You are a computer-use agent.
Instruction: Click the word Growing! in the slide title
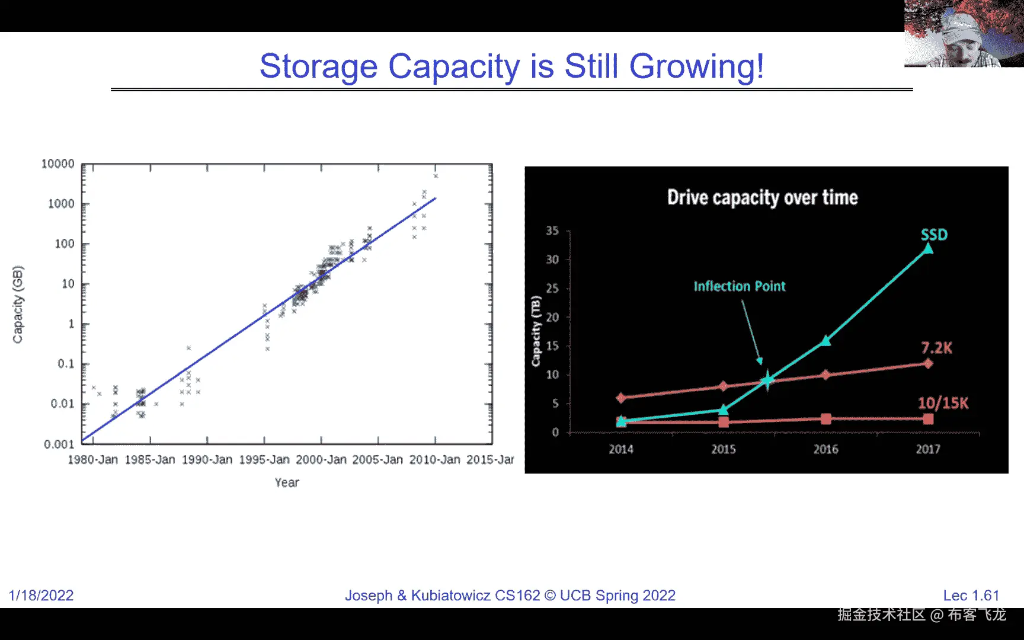696,67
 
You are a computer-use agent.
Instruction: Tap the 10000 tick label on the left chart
57,164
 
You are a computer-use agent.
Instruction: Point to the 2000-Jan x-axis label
321,460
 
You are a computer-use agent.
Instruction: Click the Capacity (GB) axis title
18,305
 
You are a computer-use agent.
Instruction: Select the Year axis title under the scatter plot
287,482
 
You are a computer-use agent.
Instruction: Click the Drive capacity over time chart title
763,197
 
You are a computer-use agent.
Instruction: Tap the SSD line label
935,235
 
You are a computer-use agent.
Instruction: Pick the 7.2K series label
937,348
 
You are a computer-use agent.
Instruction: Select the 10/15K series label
943,403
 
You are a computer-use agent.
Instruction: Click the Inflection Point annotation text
740,286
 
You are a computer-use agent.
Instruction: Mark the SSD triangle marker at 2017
928,248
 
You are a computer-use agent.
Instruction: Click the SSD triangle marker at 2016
825,341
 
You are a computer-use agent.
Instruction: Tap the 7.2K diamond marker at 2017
928,363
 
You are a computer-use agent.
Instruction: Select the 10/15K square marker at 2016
826,419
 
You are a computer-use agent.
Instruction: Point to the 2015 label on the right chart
724,449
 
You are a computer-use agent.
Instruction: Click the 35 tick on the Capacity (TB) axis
552,231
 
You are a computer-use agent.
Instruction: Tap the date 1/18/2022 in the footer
41,596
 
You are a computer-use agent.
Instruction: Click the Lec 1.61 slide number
971,596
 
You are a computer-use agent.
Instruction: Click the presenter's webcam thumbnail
964,33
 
